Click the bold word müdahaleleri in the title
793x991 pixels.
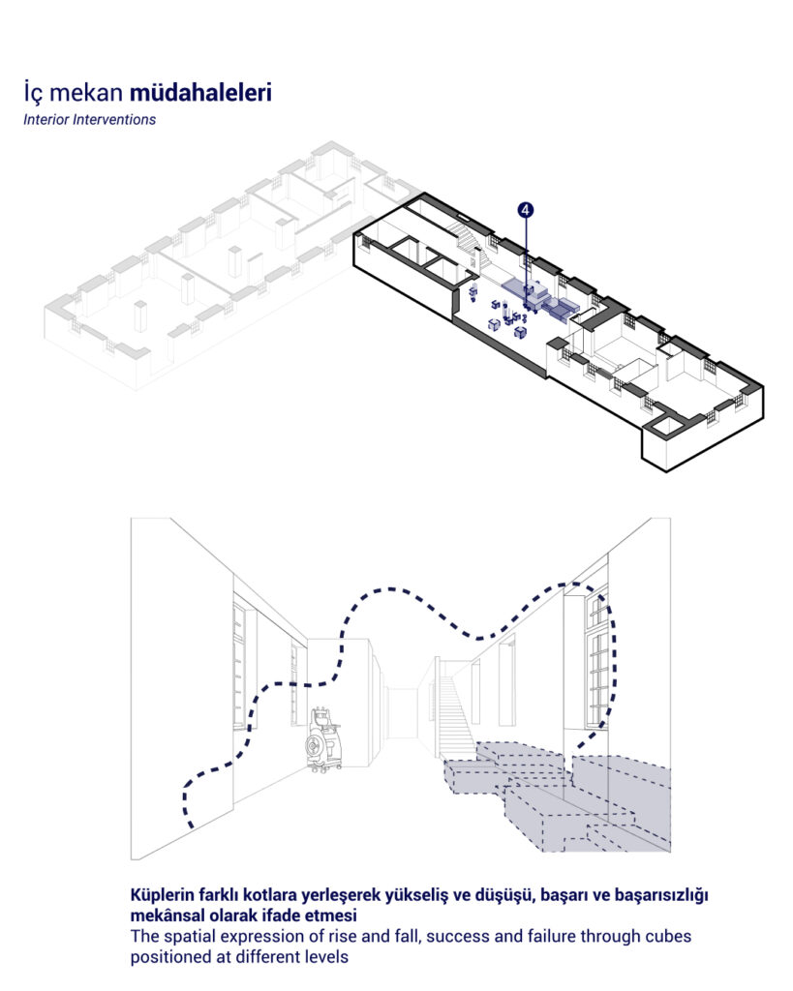pyautogui.click(x=200, y=92)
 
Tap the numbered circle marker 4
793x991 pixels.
pyautogui.click(x=526, y=210)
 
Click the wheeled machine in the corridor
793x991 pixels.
pyautogui.click(x=325, y=740)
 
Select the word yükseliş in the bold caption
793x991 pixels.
pyautogui.click(x=415, y=895)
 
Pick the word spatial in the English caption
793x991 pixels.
pyautogui.click(x=189, y=936)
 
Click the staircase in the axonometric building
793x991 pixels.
pyautogui.click(x=472, y=248)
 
